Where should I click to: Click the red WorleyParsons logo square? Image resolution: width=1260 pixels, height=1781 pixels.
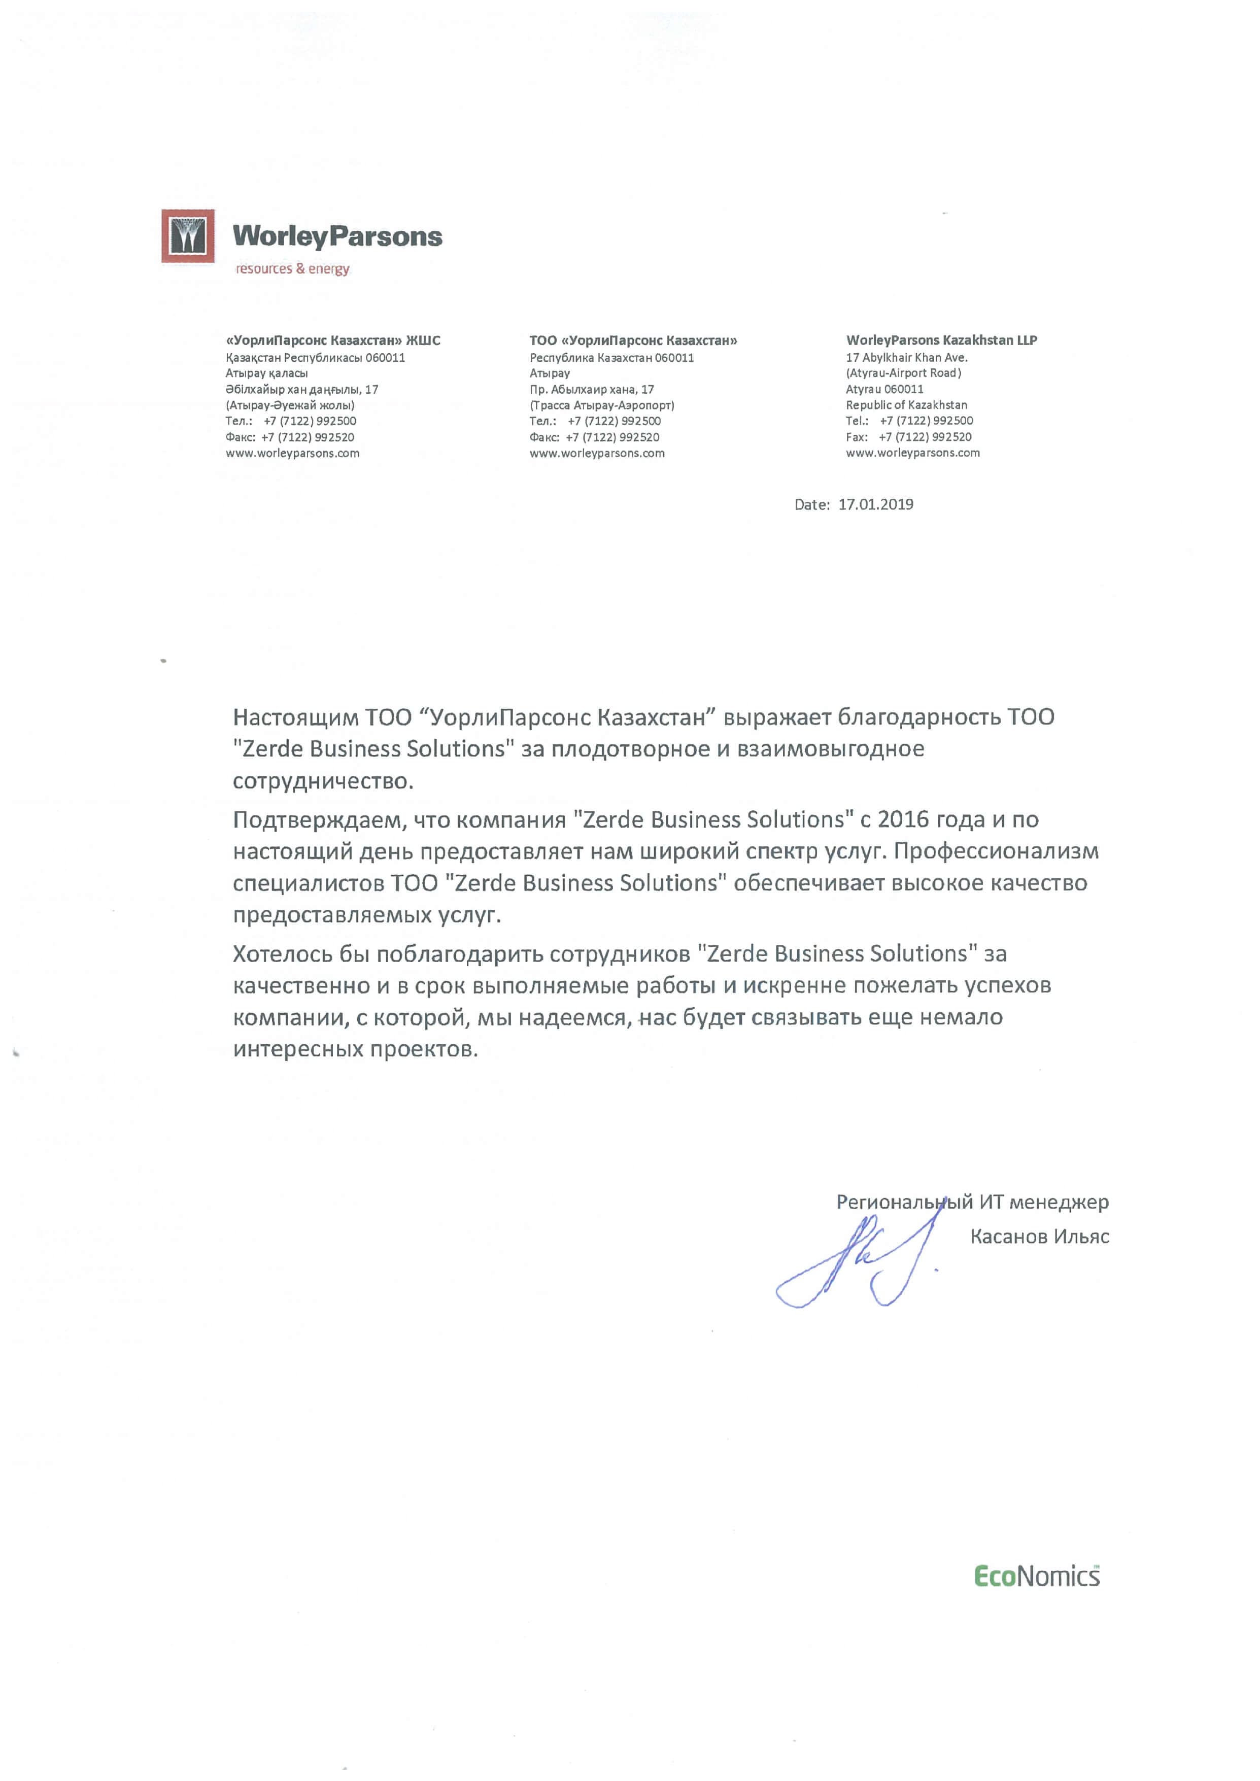click(188, 236)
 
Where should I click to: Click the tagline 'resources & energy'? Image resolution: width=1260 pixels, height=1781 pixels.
click(292, 269)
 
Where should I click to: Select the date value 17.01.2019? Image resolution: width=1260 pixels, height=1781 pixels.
click(875, 504)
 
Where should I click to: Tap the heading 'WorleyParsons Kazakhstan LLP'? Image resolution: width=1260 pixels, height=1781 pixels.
click(941, 340)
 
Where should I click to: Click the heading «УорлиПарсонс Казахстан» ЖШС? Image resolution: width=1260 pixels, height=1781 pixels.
click(333, 340)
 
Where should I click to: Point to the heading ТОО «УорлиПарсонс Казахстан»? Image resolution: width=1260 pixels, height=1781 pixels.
click(633, 340)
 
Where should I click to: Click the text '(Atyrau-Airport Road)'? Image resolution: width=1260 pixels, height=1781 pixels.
click(903, 373)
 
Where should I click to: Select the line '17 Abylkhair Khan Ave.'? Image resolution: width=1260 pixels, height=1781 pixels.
click(906, 358)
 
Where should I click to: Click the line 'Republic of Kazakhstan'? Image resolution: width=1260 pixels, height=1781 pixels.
click(906, 405)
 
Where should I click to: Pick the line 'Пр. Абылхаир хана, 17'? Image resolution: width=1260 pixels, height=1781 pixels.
click(591, 389)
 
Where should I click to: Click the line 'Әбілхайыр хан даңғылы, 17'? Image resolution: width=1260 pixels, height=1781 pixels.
click(302, 389)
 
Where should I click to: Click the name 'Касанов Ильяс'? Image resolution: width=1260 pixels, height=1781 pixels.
click(1039, 1237)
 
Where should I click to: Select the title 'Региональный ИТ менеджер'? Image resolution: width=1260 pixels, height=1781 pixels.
click(972, 1203)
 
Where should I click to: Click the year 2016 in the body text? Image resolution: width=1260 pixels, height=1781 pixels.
click(903, 820)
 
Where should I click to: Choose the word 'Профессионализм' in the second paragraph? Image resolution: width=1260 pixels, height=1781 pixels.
click(996, 852)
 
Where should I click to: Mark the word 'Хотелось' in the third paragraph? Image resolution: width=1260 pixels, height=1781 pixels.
click(283, 954)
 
